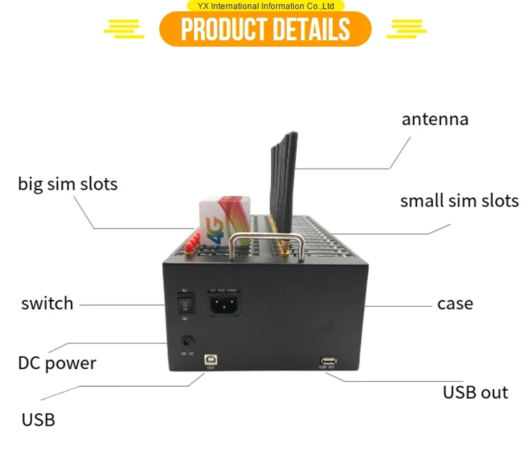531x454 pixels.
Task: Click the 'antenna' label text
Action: pyautogui.click(x=435, y=119)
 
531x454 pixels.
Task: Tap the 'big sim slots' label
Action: pyautogui.click(x=68, y=184)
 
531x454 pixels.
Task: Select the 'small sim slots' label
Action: pyautogui.click(x=459, y=200)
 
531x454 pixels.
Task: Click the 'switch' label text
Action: pyautogui.click(x=47, y=303)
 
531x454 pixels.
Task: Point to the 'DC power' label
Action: pyautogui.click(x=57, y=363)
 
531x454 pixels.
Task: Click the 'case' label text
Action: pyautogui.click(x=455, y=303)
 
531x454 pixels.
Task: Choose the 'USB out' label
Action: pyautogui.click(x=475, y=392)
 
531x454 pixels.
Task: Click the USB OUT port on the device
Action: pyautogui.click(x=327, y=359)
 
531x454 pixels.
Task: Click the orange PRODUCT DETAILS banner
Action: pyautogui.click(x=265, y=29)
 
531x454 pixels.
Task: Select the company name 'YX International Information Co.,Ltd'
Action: pyautogui.click(x=265, y=6)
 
